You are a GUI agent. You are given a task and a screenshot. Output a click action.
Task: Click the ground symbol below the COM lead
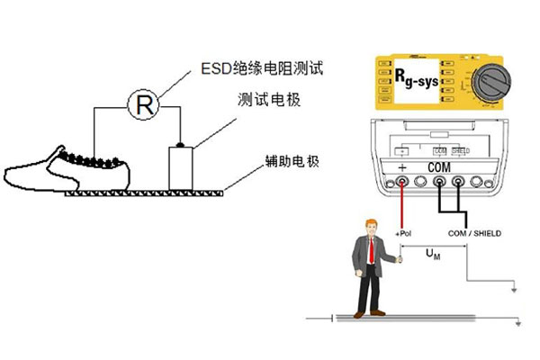[x=511, y=290]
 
